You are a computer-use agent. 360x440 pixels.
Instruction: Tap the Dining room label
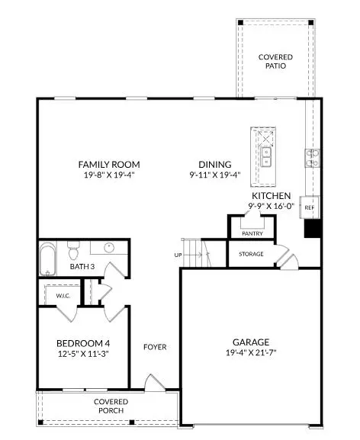point(215,164)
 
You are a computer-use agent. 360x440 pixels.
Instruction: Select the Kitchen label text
point(271,196)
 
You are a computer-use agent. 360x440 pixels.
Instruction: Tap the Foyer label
point(155,347)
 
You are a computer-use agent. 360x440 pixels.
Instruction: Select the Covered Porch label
point(111,406)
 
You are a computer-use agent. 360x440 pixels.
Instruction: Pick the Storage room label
point(251,254)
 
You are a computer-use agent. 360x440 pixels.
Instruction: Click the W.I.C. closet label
point(63,295)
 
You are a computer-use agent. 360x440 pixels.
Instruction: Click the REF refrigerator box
point(310,207)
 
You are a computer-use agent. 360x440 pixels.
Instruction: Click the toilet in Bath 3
point(74,249)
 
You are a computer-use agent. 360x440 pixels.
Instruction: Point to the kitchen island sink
point(267,156)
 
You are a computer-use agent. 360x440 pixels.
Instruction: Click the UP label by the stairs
point(178,254)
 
